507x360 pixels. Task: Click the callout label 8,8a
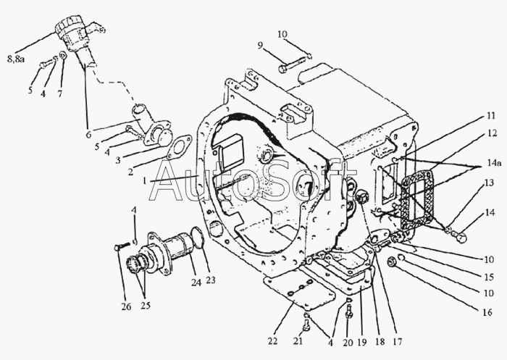tap(16, 59)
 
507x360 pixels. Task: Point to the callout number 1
tap(145, 181)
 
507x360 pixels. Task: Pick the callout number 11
tap(491, 116)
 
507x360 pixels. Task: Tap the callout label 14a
tap(495, 163)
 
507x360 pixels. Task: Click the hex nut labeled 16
tap(393, 261)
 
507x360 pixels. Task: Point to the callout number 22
tap(272, 341)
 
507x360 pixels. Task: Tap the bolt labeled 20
tap(349, 311)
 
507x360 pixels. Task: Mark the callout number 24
tap(196, 282)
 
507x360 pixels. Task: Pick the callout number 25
tap(145, 306)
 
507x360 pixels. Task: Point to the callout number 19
tap(362, 342)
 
